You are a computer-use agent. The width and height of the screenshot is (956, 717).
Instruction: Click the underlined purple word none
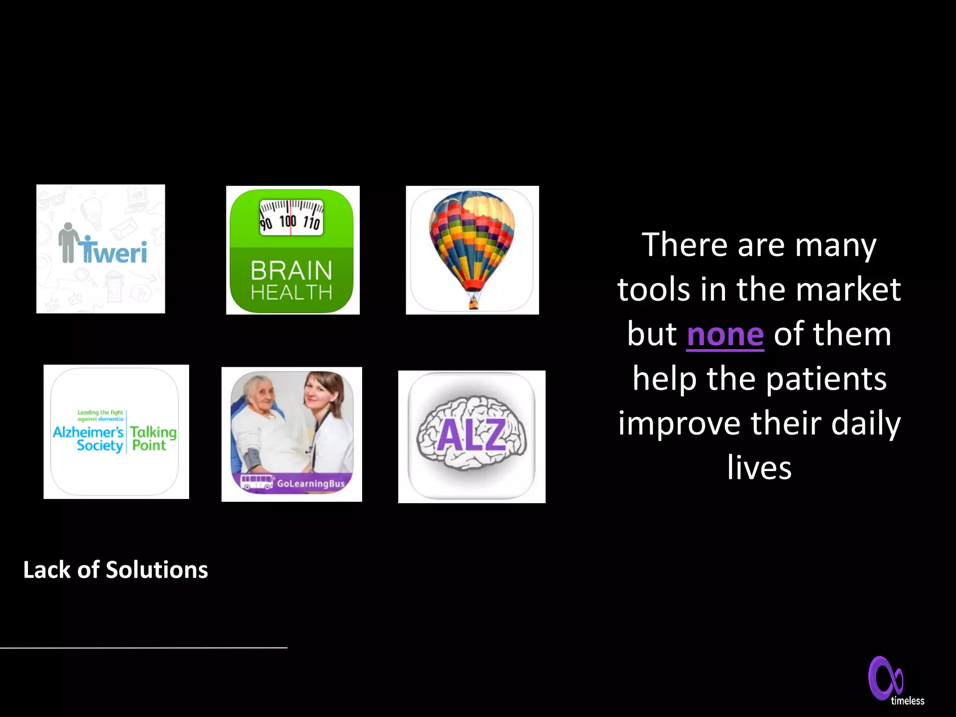point(725,335)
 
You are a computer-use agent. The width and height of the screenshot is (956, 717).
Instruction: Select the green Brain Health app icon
point(292,250)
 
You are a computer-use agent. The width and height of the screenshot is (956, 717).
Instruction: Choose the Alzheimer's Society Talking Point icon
point(116,432)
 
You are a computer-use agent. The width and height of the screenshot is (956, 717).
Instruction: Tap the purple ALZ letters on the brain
point(471,435)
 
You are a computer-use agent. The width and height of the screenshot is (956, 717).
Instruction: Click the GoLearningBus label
point(310,484)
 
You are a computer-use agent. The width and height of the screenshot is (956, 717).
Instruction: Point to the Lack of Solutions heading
point(115,570)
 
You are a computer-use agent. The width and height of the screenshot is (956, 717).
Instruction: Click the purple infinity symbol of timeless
point(885,678)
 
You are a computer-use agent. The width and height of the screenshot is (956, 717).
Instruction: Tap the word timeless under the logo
point(907,701)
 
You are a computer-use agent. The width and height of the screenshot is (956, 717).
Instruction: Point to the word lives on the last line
point(759,468)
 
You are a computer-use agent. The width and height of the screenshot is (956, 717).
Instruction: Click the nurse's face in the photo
point(319,390)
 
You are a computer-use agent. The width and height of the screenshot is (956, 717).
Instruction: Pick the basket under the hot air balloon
point(473,304)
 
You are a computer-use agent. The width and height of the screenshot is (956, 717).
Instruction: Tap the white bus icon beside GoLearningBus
point(256,482)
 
